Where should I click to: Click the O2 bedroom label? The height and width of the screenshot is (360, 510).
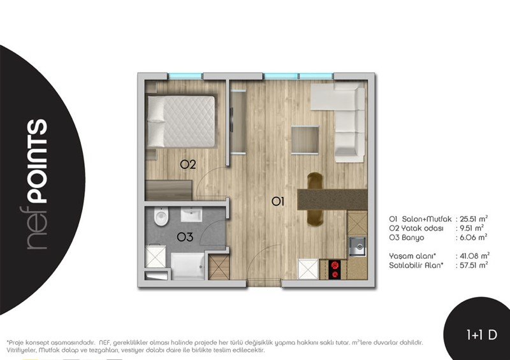188,164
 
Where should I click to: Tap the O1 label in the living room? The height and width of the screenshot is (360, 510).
278,202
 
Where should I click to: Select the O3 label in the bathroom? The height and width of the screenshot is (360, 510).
185,237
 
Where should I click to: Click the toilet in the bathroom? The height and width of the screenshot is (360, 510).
161,216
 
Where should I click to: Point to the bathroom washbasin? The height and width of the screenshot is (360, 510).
192,215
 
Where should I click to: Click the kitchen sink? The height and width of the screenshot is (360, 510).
357,247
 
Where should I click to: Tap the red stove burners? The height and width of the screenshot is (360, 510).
334,270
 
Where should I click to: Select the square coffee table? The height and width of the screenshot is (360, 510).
305,140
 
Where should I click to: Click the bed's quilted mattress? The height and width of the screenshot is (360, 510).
189,122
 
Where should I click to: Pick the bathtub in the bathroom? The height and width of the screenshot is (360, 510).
187,266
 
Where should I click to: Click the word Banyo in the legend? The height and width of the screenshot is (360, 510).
412,238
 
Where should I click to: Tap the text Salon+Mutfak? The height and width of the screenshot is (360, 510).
426,219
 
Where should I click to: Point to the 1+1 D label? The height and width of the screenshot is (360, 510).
482,335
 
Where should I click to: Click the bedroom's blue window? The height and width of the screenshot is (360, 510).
185,76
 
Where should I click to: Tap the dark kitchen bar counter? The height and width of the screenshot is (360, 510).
332,199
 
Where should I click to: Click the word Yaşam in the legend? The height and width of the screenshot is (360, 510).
402,256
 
